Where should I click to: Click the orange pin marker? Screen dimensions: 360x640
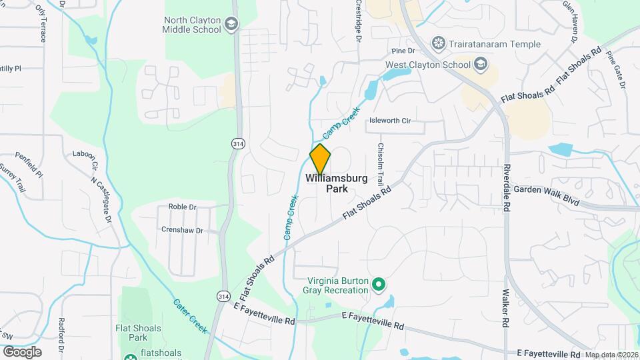[320, 159]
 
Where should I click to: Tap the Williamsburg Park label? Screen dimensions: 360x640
[337, 183]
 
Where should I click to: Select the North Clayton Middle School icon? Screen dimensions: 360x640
[231, 25]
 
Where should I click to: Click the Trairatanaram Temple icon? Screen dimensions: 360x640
[438, 45]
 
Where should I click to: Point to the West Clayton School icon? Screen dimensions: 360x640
[481, 65]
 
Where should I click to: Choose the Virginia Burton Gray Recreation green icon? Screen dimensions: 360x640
[379, 285]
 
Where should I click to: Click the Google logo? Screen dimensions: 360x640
[22, 351]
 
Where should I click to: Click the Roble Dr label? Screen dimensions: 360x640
[182, 207]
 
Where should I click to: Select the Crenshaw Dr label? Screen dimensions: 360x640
[181, 229]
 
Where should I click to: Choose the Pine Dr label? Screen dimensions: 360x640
[403, 51]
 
